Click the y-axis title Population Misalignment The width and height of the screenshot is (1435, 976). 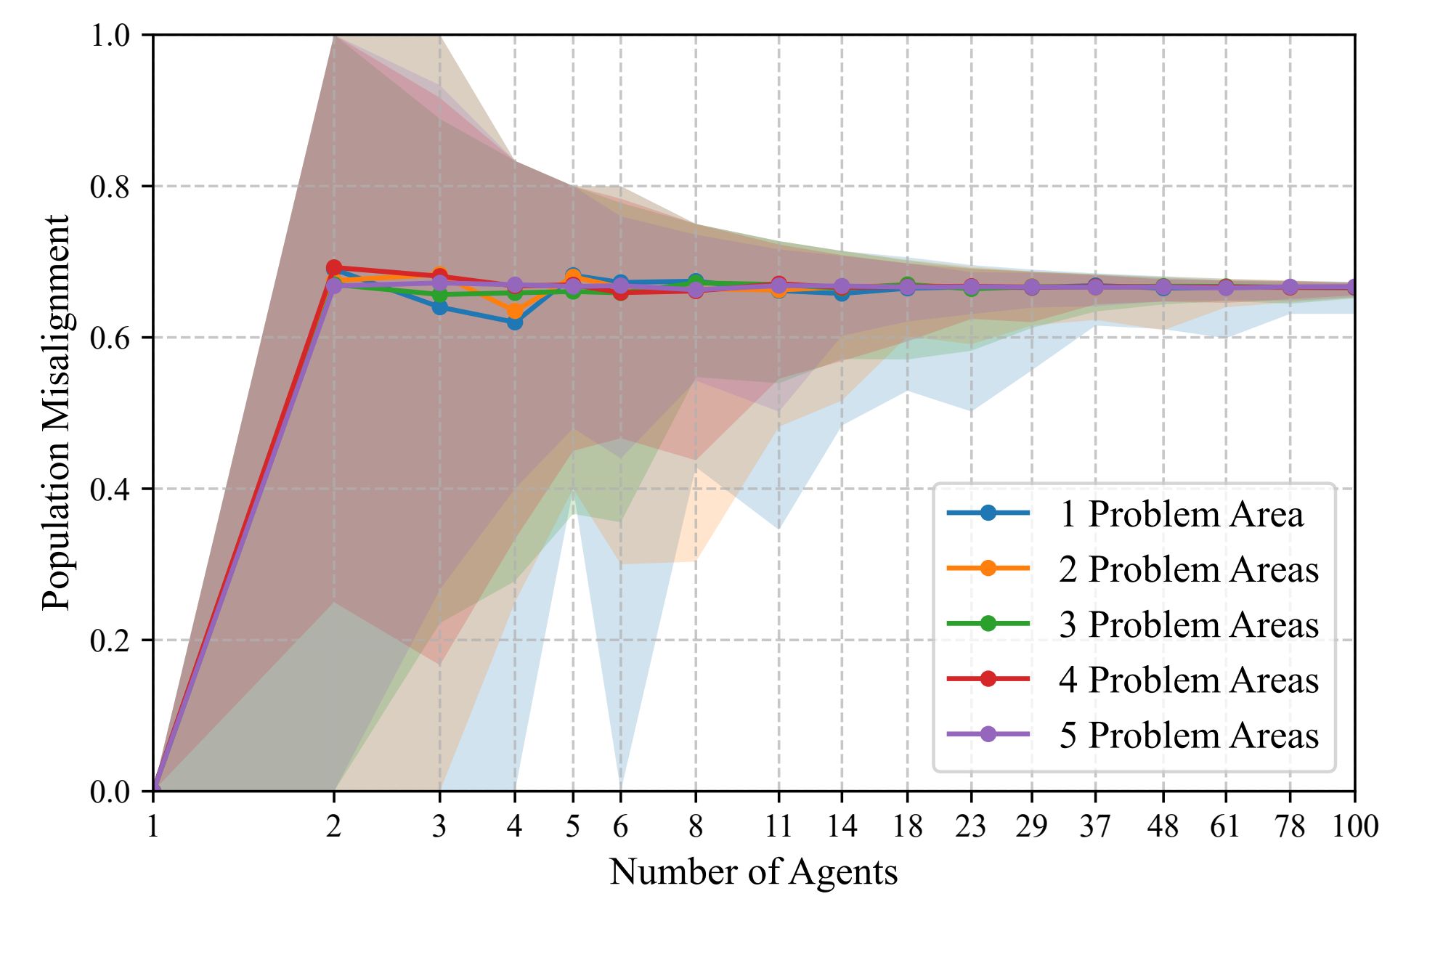coord(56,412)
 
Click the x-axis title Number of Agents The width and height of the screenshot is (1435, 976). coord(753,871)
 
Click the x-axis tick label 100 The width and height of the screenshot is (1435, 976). coord(1354,826)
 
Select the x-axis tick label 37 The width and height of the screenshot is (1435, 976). coord(1094,826)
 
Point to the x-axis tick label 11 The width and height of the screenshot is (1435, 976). coord(779,826)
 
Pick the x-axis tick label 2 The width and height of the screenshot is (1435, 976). coord(333,826)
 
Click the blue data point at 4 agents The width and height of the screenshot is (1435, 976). coord(515,322)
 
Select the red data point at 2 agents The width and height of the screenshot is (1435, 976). coord(334,268)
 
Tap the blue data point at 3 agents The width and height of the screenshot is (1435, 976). coord(439,307)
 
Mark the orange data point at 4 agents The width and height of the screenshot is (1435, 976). coord(515,312)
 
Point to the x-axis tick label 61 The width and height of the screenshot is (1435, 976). coord(1225,826)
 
